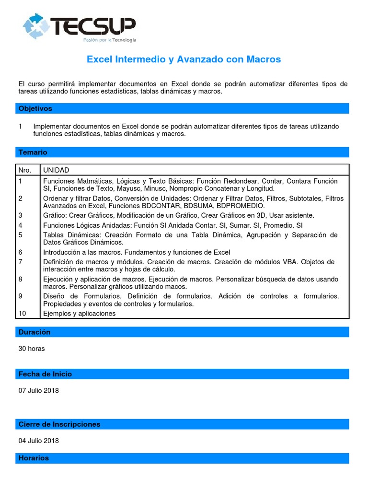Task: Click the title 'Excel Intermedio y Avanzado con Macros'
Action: click(x=184, y=59)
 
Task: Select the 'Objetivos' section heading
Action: click(x=35, y=109)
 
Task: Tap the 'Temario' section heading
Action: click(x=33, y=152)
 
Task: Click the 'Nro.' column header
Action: click(x=25, y=170)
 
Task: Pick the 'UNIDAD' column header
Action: click(x=56, y=170)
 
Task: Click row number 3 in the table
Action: click(x=21, y=215)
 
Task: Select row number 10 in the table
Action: click(x=23, y=314)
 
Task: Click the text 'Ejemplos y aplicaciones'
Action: click(x=80, y=314)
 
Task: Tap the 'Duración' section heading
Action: click(x=34, y=332)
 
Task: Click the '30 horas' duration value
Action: click(x=32, y=349)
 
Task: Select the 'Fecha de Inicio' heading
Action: click(x=45, y=374)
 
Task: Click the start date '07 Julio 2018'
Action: click(x=39, y=390)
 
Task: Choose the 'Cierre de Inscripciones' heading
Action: click(x=59, y=424)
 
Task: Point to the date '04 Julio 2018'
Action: click(x=39, y=441)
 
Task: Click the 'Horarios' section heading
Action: click(x=34, y=458)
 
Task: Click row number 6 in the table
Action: click(x=21, y=252)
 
